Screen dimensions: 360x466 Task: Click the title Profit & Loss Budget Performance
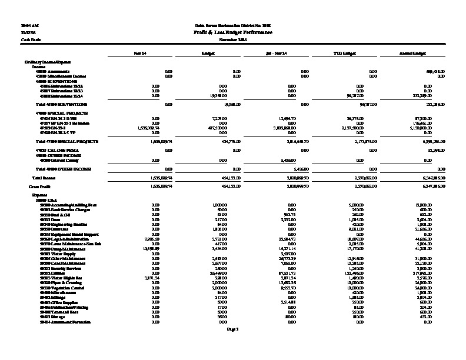(x=232, y=32)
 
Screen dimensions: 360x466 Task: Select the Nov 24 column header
(x=139, y=54)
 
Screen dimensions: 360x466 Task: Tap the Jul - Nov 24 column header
(x=276, y=54)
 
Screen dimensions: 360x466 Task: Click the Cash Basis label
(x=28, y=39)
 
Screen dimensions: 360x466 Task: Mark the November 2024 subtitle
(x=232, y=39)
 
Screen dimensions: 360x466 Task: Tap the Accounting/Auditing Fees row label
(x=62, y=204)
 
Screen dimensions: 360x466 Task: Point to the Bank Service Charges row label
(x=59, y=208)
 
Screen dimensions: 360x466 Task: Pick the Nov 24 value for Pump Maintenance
(x=151, y=249)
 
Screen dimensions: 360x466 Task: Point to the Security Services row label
(x=57, y=267)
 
